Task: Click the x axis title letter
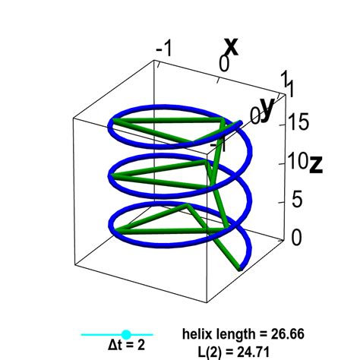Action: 232,46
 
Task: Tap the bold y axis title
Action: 268,109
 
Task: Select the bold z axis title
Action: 316,165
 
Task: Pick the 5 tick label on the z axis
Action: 297,199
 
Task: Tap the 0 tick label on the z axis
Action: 297,237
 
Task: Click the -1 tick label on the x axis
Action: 164,48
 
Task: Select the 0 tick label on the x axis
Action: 224,63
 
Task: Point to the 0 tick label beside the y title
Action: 255,115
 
